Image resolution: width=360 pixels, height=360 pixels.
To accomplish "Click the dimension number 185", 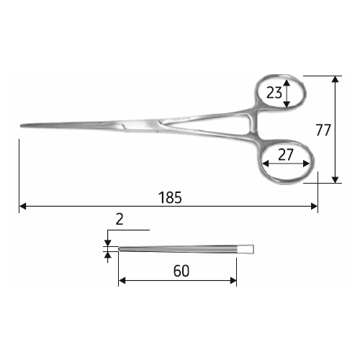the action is coord(170,197).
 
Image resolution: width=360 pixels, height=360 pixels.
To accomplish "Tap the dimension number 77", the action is coord(323,130).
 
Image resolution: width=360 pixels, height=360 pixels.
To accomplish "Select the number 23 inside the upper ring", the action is coord(274,93).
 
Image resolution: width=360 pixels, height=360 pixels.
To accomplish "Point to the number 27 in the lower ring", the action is coord(286,155).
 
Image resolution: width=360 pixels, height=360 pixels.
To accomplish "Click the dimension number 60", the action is coord(181,271).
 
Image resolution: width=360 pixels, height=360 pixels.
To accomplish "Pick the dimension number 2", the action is coord(120,219).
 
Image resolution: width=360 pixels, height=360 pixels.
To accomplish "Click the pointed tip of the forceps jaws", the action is coord(21,125).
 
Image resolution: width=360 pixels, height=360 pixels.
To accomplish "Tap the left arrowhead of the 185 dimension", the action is coord(22,206).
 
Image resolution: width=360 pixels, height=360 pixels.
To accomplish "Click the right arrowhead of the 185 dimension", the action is coord(314,206).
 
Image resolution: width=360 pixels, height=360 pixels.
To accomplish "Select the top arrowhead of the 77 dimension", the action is coord(335,79).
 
